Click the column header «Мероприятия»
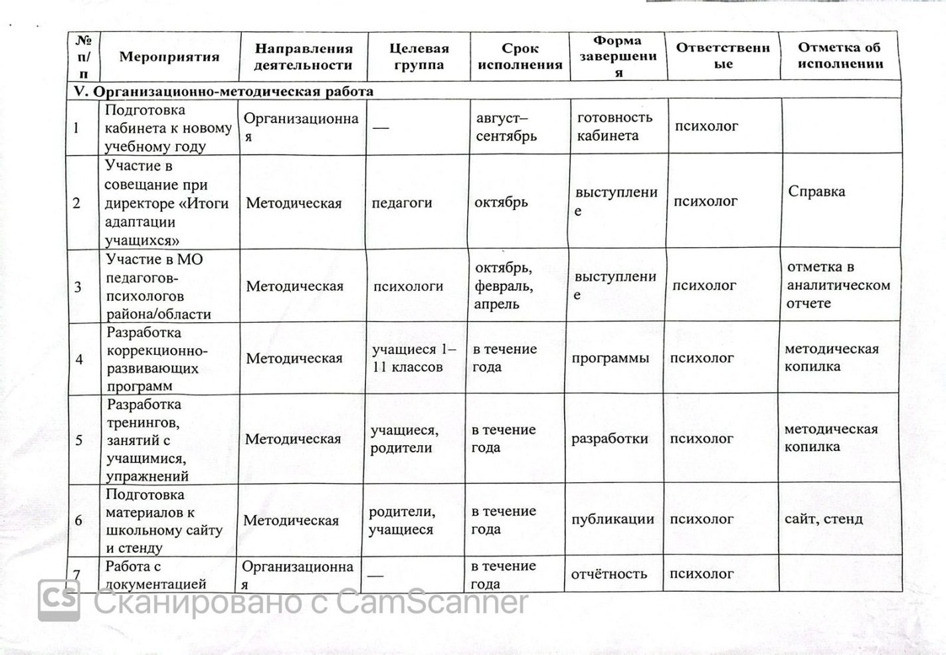[x=169, y=57]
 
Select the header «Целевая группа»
[x=419, y=57]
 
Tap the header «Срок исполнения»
[x=520, y=57]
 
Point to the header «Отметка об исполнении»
[x=840, y=56]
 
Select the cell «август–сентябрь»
[x=507, y=128]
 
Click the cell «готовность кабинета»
[x=615, y=126]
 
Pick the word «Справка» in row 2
[x=816, y=192]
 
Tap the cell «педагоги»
[x=402, y=203]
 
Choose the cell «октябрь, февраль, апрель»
[x=503, y=286]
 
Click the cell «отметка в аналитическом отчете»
[x=838, y=285]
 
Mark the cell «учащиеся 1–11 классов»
[x=413, y=358]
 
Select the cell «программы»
[x=611, y=359]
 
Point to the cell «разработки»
[x=610, y=439]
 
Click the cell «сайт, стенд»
[x=824, y=519]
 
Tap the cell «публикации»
[x=613, y=519]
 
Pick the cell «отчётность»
[x=609, y=574]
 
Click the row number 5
[x=79, y=440]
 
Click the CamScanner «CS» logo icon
[x=59, y=601]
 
